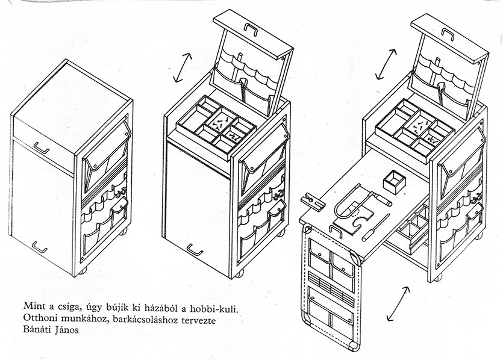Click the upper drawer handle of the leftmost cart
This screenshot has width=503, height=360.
coord(42,146)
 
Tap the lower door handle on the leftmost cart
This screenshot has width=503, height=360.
coord(40,247)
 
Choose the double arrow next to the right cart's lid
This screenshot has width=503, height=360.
coord(386,64)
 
